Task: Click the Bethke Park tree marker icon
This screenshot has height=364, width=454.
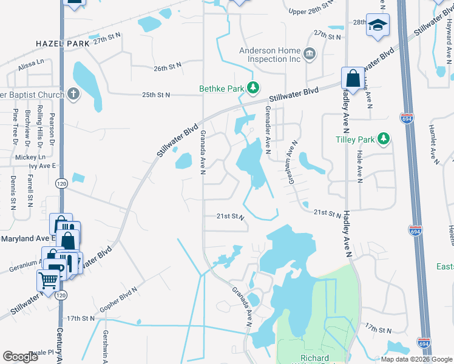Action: coord(254,89)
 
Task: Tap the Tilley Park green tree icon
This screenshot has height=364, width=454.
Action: coord(384,140)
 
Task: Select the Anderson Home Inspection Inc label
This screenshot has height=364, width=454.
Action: coord(271,55)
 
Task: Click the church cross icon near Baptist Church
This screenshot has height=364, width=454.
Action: coord(73,94)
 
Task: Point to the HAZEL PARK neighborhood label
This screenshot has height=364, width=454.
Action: coord(63,44)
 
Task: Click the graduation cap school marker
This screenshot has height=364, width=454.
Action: coord(378,25)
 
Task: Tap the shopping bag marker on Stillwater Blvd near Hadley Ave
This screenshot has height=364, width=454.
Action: coord(353,78)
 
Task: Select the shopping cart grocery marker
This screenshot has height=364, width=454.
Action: coord(48,280)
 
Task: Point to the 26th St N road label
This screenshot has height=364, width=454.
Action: coord(168,69)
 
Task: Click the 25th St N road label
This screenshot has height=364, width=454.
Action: coord(157,95)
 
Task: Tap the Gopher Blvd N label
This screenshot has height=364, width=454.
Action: coord(118,304)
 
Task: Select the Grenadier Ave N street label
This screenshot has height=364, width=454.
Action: coord(268,130)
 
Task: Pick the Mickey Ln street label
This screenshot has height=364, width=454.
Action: coord(26,157)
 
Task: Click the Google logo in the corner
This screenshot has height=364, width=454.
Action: coord(21,357)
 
